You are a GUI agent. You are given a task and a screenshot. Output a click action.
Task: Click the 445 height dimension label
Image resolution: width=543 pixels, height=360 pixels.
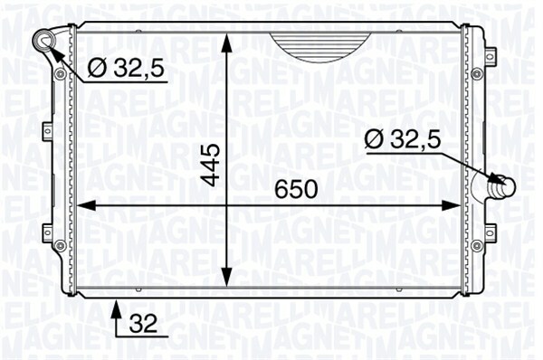click(211, 166)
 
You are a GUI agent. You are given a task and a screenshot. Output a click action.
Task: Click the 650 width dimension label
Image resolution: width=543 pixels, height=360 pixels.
click(296, 189)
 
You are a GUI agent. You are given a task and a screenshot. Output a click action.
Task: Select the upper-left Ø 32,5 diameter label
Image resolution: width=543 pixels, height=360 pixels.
click(126, 68)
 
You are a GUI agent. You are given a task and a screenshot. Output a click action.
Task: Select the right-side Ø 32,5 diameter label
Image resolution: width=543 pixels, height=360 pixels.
click(403, 140)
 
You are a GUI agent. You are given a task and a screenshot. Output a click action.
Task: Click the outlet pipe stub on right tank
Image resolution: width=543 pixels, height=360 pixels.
click(500, 187)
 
